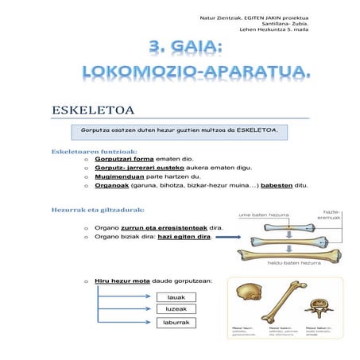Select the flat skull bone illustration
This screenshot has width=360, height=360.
pos(247,296)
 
